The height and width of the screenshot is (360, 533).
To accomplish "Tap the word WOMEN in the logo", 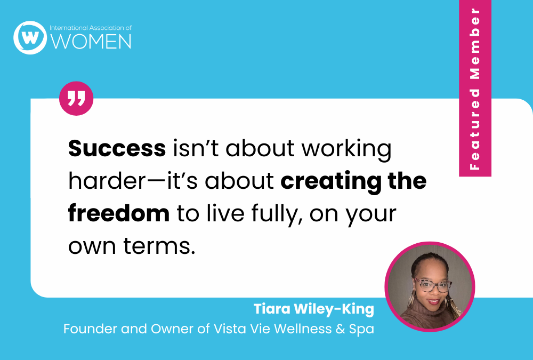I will pyautogui.click(x=91, y=42).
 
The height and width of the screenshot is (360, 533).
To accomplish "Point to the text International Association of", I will pyautogui.click(x=89, y=27).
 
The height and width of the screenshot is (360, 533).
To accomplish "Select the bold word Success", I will pyautogui.click(x=117, y=149).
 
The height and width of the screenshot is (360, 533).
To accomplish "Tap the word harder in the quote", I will pyautogui.click(x=101, y=181).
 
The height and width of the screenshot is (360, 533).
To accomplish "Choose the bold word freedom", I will pyautogui.click(x=118, y=213).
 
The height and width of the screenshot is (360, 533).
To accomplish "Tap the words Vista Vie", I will pyautogui.click(x=232, y=329).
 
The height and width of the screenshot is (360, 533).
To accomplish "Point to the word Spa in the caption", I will pyautogui.click(x=363, y=329).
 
